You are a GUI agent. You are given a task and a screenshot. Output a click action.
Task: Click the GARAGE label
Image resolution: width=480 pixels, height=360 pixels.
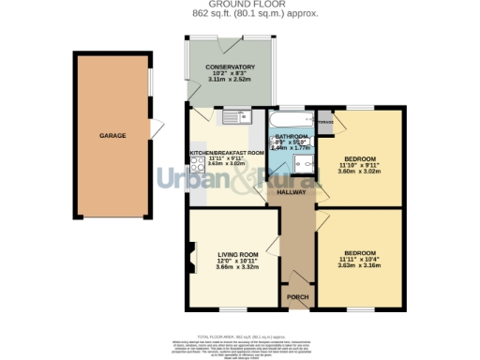(x=112, y=136)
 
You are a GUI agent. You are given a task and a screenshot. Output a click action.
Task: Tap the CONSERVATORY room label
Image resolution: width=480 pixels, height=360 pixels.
(x=231, y=67)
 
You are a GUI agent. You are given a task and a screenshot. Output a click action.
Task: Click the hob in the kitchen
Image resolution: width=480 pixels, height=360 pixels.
(x=200, y=159)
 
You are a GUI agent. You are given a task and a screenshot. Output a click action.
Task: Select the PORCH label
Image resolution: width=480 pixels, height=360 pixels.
(x=297, y=297)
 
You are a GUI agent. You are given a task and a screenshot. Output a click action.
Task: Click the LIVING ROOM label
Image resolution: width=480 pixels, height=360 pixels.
(x=237, y=254)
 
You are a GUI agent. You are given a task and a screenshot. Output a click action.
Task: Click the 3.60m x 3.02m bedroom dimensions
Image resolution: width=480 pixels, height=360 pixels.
(x=361, y=171)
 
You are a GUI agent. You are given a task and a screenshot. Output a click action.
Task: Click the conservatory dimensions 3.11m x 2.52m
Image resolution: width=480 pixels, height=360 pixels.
(x=231, y=82)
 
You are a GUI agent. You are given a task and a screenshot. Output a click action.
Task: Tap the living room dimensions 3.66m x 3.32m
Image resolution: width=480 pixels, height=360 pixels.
(x=237, y=268)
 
